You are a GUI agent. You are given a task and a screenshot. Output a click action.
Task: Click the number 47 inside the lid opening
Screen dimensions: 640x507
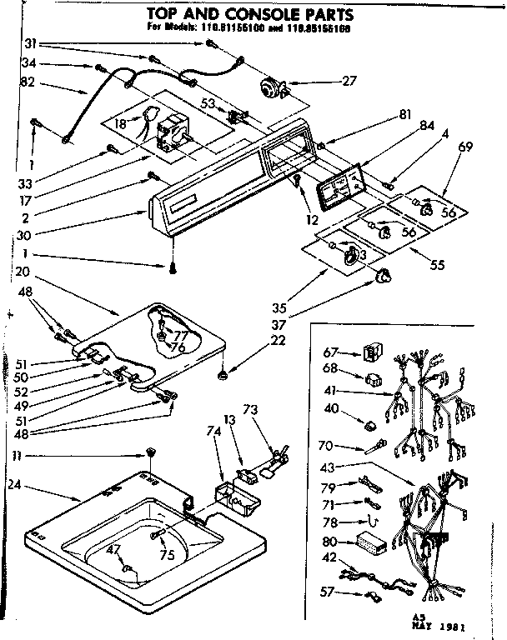(x=116, y=548)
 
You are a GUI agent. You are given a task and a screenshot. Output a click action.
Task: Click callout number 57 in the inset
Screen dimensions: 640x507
(x=328, y=593)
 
